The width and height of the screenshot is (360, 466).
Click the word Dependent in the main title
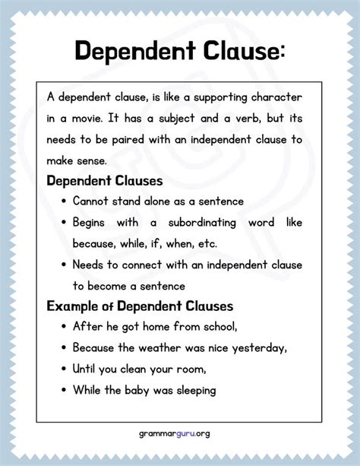128,51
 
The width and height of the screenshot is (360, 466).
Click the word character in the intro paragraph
280,99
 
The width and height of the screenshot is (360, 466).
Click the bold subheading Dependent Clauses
104,182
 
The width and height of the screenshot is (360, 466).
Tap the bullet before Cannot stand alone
62,202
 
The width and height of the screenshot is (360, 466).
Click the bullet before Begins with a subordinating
62,223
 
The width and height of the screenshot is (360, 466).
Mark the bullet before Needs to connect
62,265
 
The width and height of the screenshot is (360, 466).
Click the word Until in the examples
84,369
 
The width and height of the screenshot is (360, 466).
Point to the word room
193,369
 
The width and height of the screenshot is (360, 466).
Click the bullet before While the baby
62,390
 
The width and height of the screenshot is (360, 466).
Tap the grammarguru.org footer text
180,433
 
